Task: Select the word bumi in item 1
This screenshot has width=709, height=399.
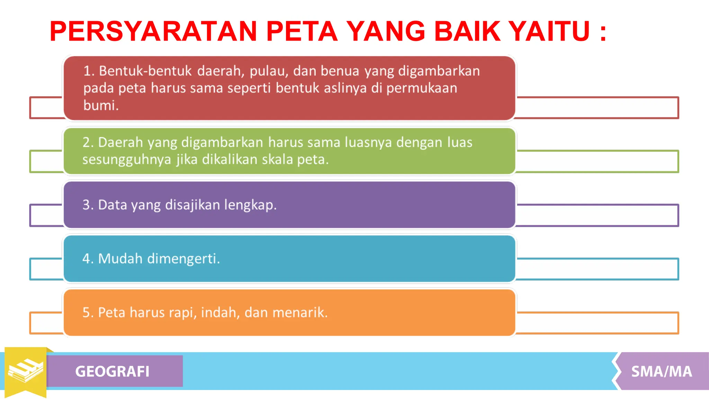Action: point(100,105)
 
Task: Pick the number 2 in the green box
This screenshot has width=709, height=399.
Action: point(86,142)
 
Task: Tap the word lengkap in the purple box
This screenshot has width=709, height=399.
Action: point(250,205)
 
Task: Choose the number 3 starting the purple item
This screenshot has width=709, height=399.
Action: point(86,205)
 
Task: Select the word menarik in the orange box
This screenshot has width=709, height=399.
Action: point(300,312)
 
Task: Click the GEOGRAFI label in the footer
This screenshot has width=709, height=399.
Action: point(112,371)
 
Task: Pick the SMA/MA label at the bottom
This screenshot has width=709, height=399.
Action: point(662,371)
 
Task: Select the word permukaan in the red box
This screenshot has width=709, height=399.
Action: point(422,88)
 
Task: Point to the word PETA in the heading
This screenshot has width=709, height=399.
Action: point(302,31)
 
